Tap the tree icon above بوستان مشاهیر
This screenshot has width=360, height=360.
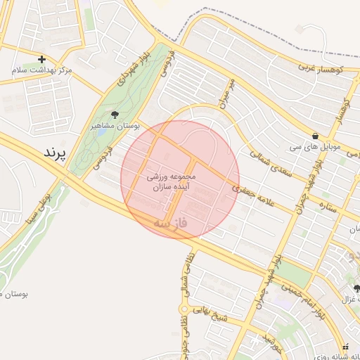[115, 114]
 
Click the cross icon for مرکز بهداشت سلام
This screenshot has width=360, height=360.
[42, 59]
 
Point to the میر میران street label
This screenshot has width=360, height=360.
[225, 93]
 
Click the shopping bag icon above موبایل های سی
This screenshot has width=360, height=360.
[314, 136]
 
